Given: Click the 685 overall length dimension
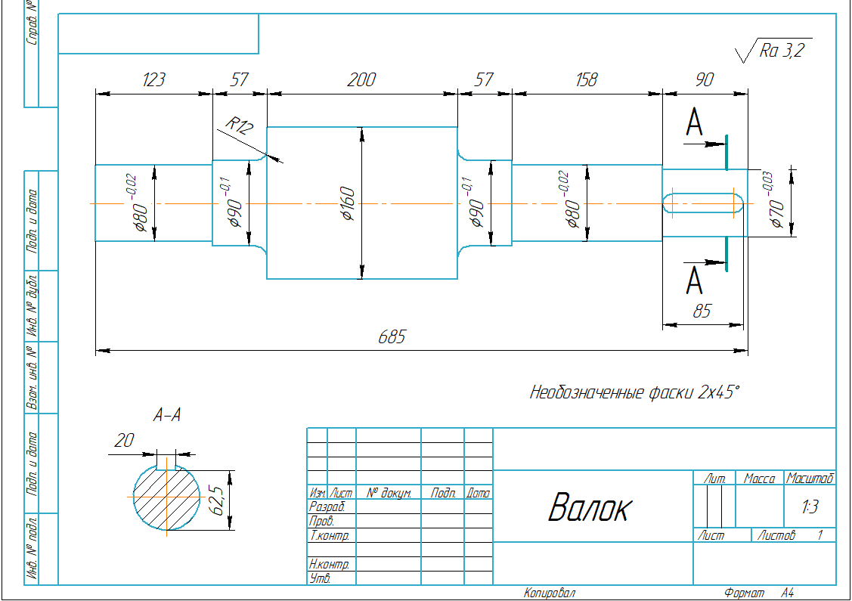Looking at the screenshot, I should click(x=392, y=337).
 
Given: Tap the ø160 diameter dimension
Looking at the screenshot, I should click(x=349, y=203).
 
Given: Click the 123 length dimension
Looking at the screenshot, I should click(x=153, y=80).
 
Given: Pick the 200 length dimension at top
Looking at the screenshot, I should click(x=361, y=80).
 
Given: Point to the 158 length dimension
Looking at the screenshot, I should click(x=586, y=80).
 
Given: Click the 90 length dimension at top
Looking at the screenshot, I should click(x=705, y=80).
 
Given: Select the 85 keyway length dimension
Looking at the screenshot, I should click(x=702, y=311).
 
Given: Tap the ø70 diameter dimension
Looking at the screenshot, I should click(x=776, y=202).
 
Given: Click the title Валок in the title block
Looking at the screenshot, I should click(x=588, y=508).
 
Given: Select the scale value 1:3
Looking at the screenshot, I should click(x=810, y=507).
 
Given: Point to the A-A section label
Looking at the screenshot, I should click(x=166, y=415).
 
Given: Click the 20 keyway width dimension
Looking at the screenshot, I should click(x=123, y=441).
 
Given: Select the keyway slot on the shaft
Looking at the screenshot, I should click(x=702, y=203).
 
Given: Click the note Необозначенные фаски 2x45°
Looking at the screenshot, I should click(x=634, y=392).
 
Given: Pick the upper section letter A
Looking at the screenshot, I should click(x=694, y=123).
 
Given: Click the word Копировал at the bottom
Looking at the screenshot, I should click(x=550, y=593).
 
